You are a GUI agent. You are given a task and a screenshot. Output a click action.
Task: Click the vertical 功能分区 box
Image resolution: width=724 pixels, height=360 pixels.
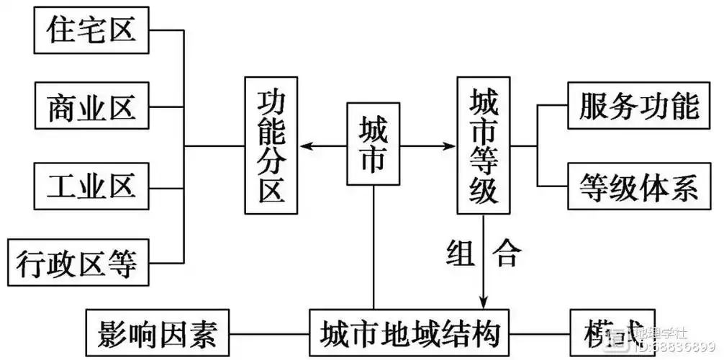(271, 147)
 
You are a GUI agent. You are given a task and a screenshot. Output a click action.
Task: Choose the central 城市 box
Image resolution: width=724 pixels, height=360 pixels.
(373, 147)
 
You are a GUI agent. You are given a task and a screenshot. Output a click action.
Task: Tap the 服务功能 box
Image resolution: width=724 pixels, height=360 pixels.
(638, 106)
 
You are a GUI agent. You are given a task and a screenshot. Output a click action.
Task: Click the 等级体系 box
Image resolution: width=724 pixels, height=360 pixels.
(638, 187)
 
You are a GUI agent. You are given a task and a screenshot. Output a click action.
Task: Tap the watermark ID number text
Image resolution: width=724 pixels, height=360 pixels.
(677, 348)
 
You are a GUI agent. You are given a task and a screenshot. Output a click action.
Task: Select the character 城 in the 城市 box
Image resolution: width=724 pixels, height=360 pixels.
(373, 130)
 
